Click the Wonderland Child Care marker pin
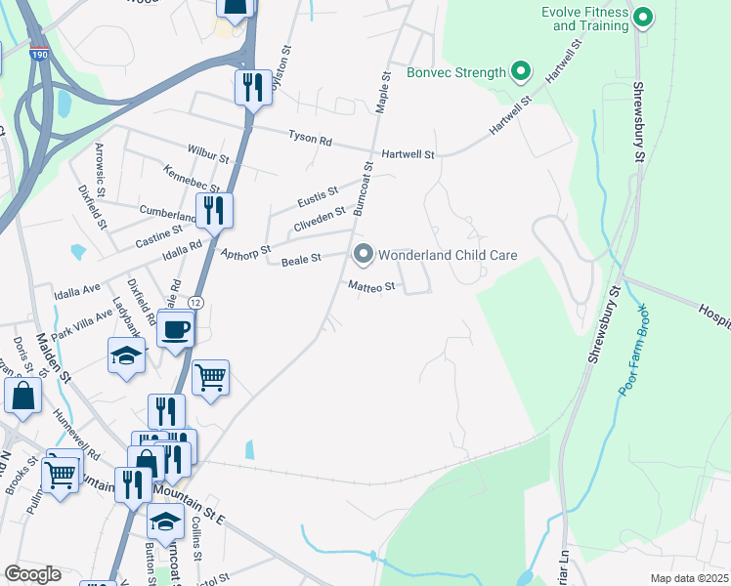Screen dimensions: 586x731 pos(364,255)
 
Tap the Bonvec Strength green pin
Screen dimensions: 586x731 pos(521,71)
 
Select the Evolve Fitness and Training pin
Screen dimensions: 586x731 pos(643,17)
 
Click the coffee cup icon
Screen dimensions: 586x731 pos(176,330)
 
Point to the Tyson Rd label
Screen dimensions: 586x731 pos(310,139)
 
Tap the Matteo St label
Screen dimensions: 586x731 pos(371,286)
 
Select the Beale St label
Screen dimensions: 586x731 pos(301,261)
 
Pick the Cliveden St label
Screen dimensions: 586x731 pos(320,220)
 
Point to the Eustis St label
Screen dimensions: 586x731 pos(318,197)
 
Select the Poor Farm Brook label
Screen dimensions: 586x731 pos(639,355)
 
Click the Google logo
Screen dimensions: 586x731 pos(32,574)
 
